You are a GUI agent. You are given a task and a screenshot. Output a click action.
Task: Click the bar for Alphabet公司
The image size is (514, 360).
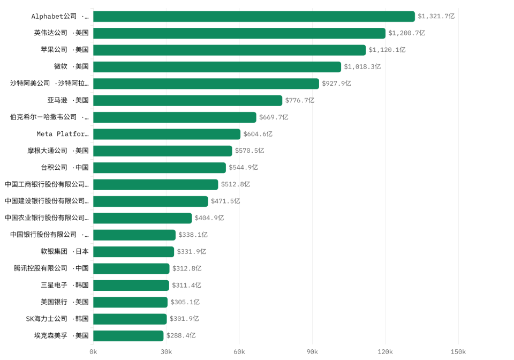point(254,17)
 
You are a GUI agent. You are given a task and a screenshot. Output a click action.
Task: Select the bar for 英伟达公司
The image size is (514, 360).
point(239,33)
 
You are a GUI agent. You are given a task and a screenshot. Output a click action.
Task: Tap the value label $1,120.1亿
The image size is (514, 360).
point(387,50)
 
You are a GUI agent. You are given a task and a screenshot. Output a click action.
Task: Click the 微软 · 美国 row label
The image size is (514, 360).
point(71,66)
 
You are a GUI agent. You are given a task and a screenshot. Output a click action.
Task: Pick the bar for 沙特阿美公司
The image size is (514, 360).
point(206,84)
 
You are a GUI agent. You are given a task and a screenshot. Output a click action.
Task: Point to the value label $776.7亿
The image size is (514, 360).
point(300,100)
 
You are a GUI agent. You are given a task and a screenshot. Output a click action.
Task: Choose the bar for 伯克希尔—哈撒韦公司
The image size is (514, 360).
point(175,117)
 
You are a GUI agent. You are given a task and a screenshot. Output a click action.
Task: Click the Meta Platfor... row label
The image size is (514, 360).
point(63,134)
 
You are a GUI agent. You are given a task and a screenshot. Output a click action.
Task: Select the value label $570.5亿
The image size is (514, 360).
point(250,151)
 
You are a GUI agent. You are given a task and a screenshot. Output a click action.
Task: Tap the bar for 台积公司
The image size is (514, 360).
point(160,168)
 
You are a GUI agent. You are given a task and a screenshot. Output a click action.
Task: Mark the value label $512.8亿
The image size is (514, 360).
point(236,184)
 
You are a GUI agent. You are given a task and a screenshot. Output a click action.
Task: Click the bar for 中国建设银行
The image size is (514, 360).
point(151,201)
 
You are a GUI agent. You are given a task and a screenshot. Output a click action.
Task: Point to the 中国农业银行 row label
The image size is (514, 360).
point(47,217)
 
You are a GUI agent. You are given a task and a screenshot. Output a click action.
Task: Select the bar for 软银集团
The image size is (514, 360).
point(134,252)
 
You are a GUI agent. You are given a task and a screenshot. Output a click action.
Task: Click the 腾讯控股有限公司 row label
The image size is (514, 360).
point(51,268)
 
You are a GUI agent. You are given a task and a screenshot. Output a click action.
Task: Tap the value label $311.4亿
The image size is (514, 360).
point(186,285)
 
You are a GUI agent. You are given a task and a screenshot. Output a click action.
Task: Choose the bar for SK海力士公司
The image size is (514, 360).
point(130,319)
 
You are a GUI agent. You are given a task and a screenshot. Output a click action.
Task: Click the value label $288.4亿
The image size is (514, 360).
point(181,335)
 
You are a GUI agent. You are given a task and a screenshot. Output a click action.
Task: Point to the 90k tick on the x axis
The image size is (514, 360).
point(312,352)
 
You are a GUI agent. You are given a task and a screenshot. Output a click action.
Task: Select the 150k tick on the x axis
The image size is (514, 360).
point(458,352)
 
